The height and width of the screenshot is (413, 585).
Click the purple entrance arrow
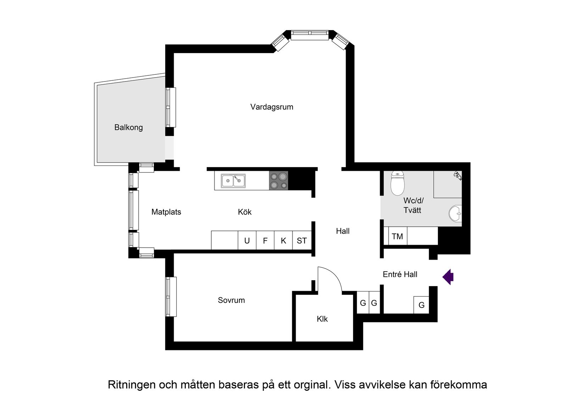click(448, 277)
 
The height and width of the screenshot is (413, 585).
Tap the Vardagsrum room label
click(272, 107)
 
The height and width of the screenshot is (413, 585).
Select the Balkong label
click(128, 128)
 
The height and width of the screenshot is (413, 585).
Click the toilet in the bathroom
click(397, 183)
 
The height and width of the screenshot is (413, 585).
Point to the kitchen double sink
click(233, 181)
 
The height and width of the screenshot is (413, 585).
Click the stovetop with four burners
click(278, 181)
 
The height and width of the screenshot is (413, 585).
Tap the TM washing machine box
click(397, 236)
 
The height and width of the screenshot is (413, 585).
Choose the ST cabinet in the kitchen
click(302, 241)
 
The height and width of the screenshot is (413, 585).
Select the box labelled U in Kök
click(247, 241)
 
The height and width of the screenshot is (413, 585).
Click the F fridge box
click(265, 241)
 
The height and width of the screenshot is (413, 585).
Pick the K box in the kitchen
click(283, 241)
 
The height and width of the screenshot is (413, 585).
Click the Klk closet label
click(322, 319)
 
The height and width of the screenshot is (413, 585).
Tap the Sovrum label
click(231, 300)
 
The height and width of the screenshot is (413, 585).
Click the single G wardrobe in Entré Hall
click(421, 305)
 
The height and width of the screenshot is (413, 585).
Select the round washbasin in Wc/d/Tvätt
click(456, 214)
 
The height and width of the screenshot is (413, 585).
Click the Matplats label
click(166, 212)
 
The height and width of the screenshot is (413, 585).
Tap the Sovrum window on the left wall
click(171, 296)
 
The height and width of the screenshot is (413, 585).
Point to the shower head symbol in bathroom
click(458, 175)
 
